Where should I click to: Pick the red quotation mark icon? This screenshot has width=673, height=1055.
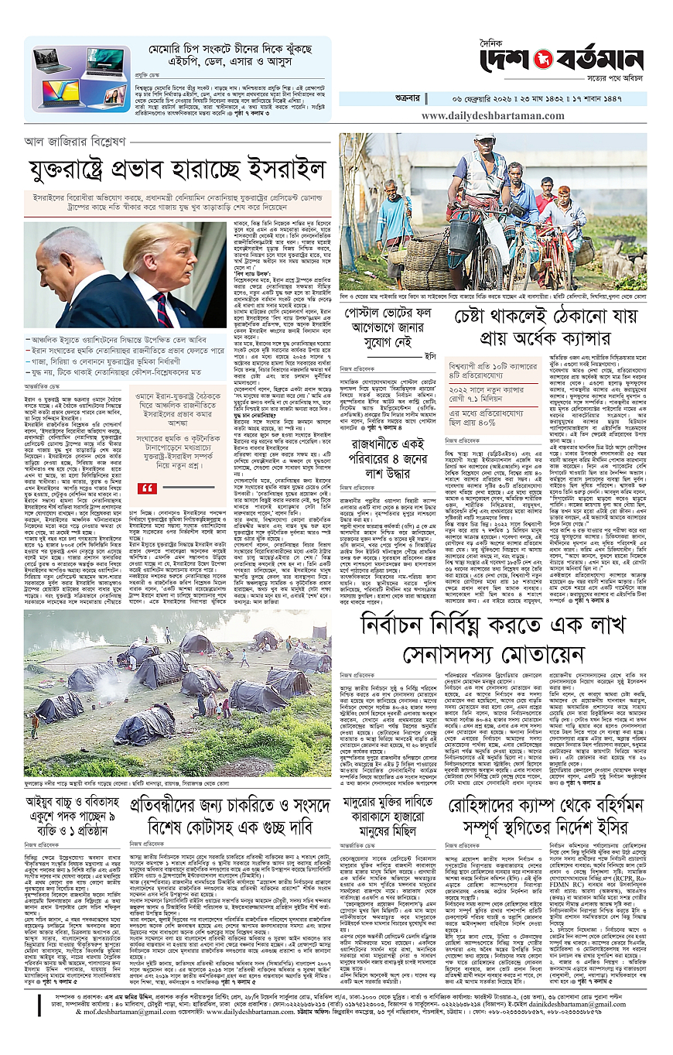[145, 488]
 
